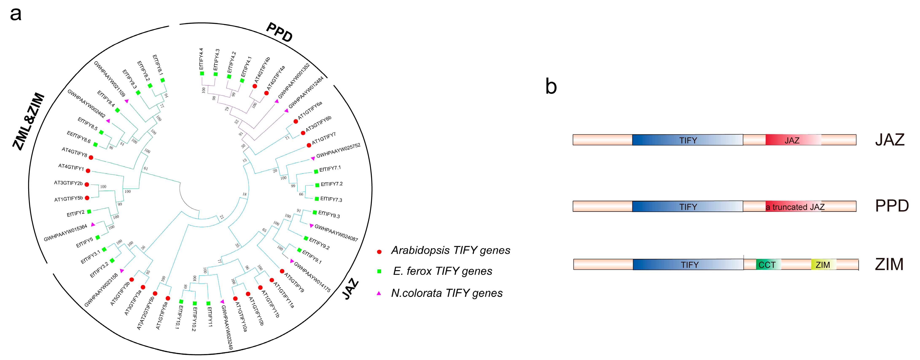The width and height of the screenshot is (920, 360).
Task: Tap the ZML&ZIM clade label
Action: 29,121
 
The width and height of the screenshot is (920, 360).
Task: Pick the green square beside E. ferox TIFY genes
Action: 379,271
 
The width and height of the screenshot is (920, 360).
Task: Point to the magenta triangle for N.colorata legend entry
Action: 379,293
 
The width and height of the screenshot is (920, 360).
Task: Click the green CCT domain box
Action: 768,265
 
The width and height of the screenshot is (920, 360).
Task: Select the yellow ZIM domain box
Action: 823,265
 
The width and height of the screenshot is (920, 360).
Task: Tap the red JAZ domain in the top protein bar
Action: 792,140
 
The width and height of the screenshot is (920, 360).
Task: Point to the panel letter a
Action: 16,14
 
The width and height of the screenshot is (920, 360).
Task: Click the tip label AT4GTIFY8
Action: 74,152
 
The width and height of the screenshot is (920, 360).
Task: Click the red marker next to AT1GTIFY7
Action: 309,145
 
